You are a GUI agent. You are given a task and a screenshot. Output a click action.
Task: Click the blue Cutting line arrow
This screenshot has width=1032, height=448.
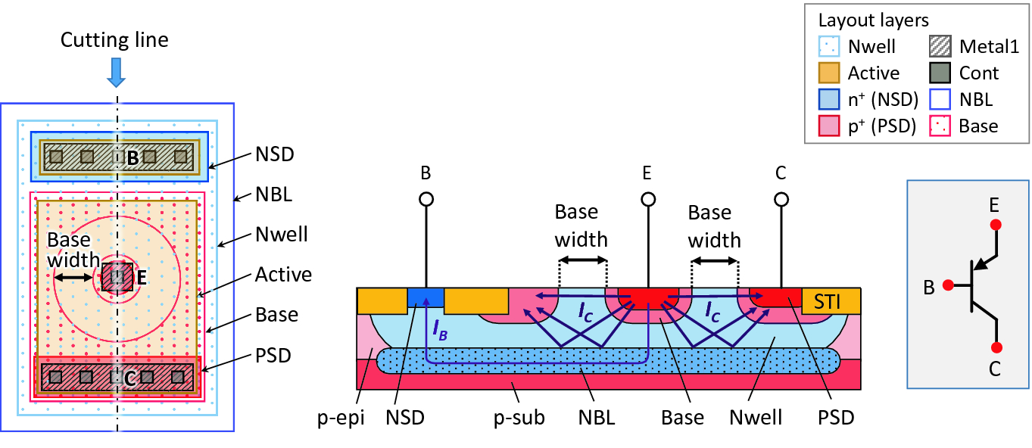pyautogui.click(x=116, y=71)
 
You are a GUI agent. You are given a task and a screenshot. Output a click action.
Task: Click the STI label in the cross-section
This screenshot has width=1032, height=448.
pyautogui.click(x=831, y=300)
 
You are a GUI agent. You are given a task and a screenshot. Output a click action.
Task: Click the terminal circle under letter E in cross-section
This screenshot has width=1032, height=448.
pyautogui.click(x=648, y=200)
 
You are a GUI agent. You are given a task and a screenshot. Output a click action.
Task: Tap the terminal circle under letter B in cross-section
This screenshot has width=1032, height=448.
pyautogui.click(x=426, y=200)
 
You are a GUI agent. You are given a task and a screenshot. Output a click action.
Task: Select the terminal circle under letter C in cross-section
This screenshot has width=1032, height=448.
pyautogui.click(x=781, y=200)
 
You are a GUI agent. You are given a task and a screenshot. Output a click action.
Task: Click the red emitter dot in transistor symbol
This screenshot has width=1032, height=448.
pyautogui.click(x=996, y=225)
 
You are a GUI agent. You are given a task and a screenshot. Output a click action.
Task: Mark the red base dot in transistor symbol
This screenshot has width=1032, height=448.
pyautogui.click(x=946, y=286)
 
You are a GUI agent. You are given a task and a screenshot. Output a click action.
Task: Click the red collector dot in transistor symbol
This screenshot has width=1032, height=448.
pyautogui.click(x=996, y=347)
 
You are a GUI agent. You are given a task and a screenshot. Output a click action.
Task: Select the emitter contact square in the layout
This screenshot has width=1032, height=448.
pyautogui.click(x=117, y=278)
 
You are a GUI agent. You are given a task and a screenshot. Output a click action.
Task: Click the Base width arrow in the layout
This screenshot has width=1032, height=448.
pyautogui.click(x=73, y=278)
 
